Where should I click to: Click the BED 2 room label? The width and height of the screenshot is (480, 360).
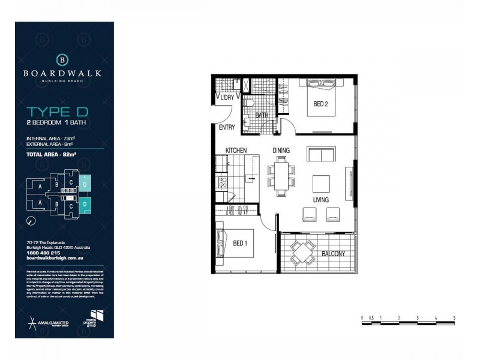[321, 104]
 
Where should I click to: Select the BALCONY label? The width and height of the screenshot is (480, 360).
[334, 254]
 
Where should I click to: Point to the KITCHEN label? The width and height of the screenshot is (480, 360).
[236, 151]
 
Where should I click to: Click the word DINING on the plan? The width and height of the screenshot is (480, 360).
[282, 151]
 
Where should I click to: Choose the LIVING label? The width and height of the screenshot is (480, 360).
[322, 199]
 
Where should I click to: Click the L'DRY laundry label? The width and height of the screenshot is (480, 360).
[227, 98]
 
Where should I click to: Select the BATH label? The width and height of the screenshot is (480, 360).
[262, 115]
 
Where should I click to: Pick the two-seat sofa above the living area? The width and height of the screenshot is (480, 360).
[322, 154]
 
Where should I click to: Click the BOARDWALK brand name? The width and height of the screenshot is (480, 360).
[63, 73]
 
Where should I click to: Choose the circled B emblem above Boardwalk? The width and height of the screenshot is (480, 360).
[63, 59]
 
